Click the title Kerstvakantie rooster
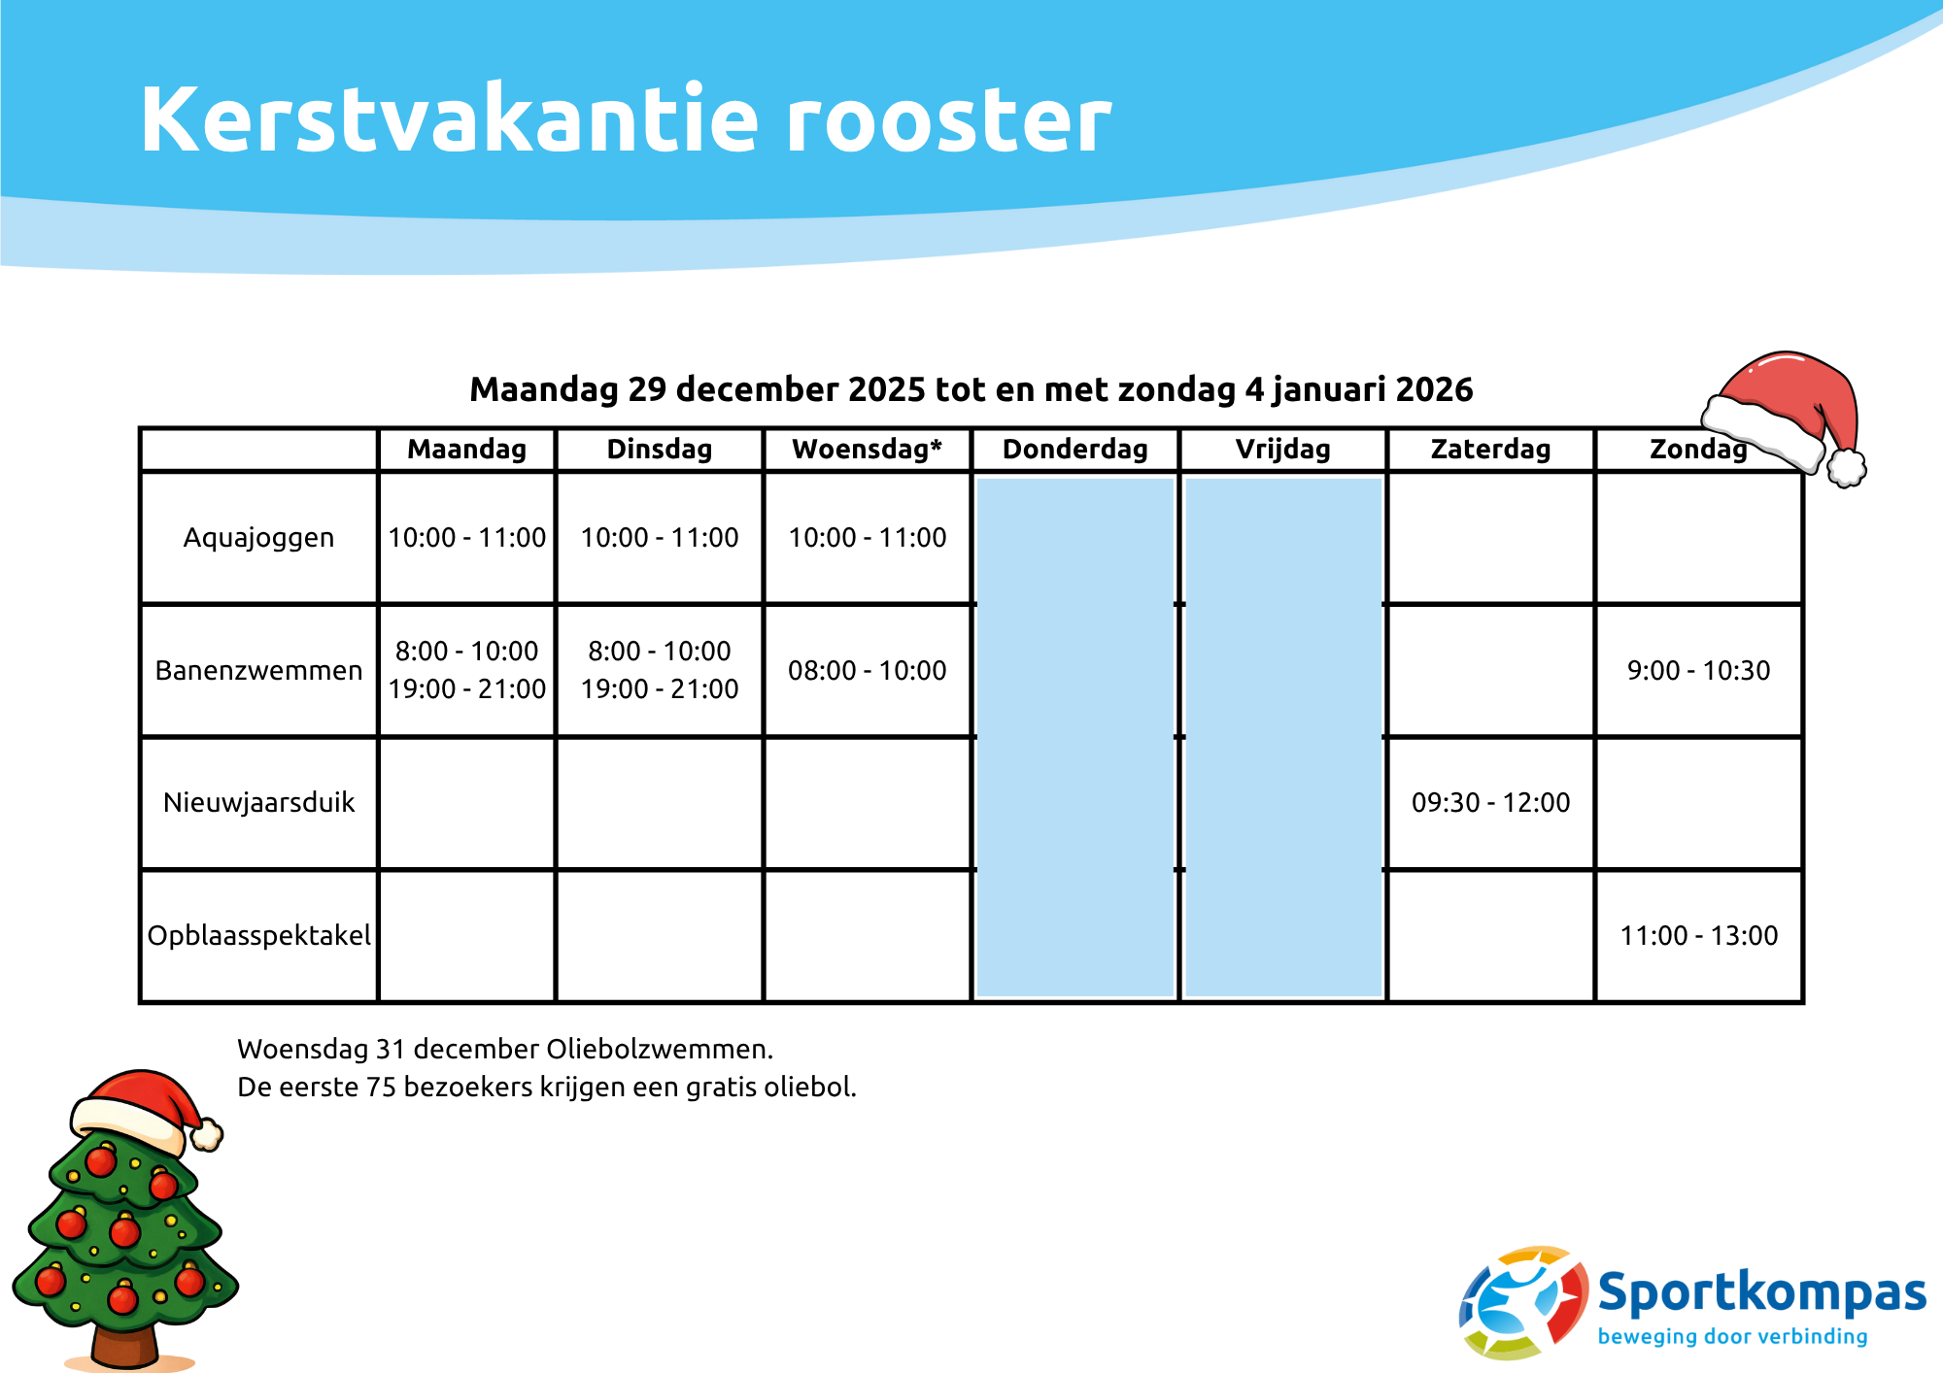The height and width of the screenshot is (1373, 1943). point(625,119)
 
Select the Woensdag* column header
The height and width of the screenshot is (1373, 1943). point(867,450)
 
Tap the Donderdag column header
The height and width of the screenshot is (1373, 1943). point(1074,450)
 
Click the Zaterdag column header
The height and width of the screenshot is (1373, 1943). point(1490,450)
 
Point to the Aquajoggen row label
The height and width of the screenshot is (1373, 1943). point(258,538)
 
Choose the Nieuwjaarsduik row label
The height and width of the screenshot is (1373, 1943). point(258,803)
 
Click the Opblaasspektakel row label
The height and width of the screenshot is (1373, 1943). point(258,936)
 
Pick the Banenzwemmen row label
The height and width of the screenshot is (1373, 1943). point(258,671)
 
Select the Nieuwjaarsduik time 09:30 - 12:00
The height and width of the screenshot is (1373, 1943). point(1490,803)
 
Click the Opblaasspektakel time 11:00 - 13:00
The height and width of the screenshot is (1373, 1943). point(1698,936)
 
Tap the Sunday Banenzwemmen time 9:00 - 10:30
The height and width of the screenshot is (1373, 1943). point(1698,671)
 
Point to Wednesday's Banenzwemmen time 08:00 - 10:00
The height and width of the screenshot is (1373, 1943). point(867,671)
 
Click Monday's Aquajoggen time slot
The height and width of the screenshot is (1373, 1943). point(466,538)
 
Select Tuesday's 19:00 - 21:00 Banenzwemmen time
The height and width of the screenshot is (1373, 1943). point(660,689)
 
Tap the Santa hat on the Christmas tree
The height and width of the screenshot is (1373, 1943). point(141,1107)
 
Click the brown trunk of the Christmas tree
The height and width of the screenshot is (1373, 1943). point(123,1345)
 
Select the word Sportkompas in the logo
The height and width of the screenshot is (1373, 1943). point(1761,1293)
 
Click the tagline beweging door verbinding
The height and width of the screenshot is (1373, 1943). point(1732,1337)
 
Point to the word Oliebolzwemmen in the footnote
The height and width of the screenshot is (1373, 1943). point(660,1050)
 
